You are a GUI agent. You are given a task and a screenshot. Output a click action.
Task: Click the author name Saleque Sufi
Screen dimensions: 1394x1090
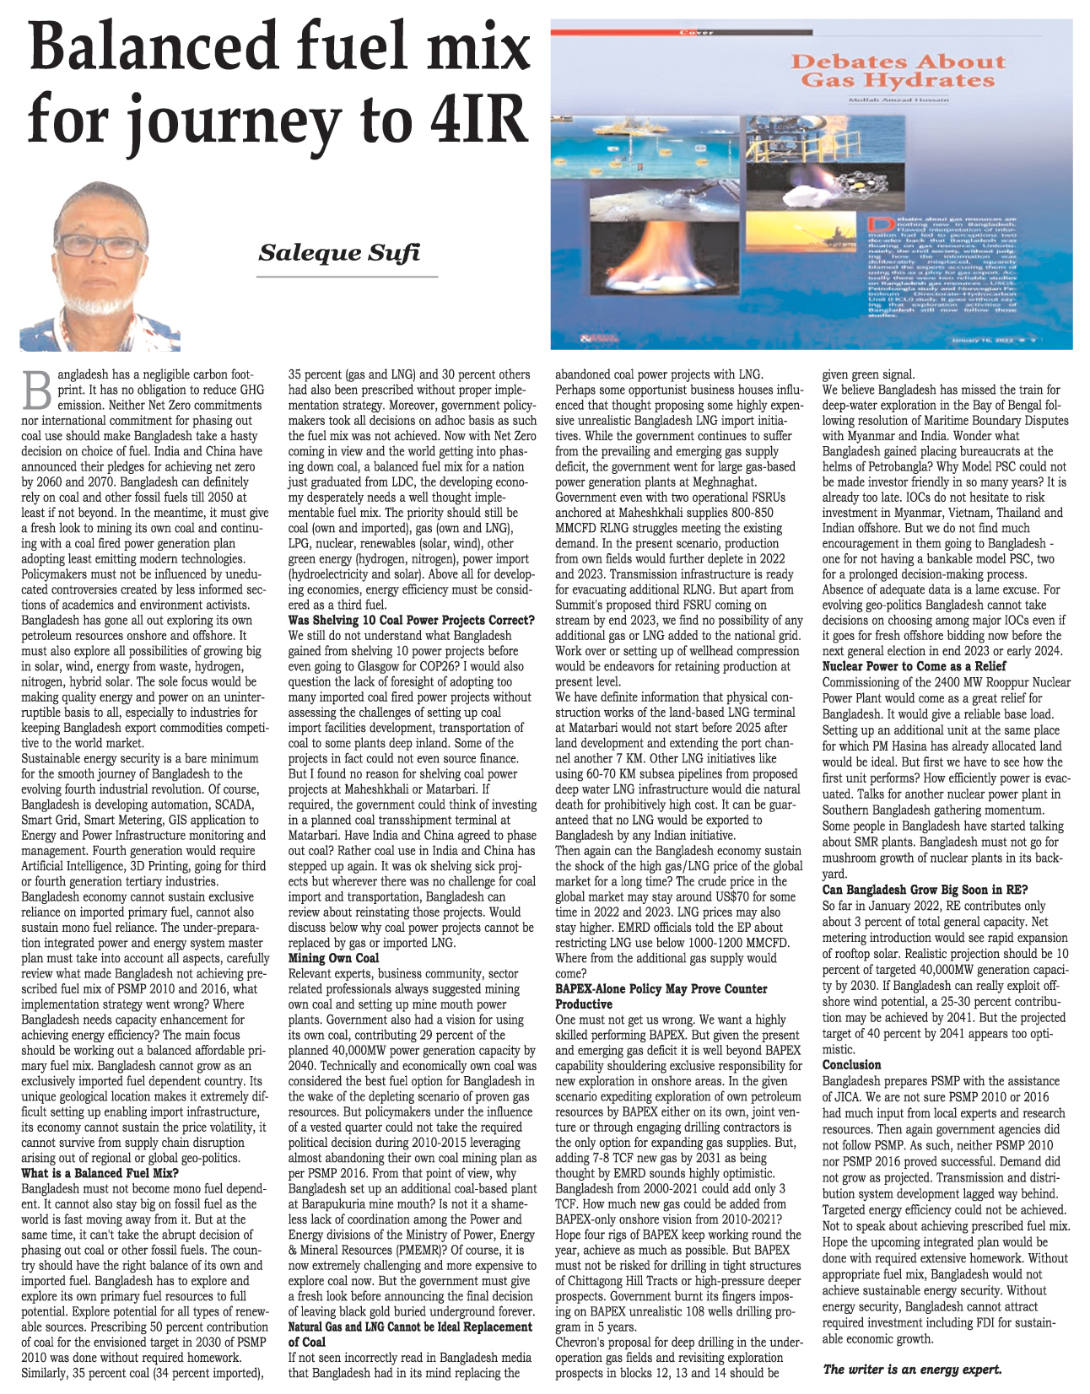coord(339,252)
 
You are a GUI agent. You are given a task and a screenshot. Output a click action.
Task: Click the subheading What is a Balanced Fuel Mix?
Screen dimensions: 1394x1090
coord(100,1173)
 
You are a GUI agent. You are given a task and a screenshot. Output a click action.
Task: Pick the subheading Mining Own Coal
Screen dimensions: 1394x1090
coord(333,958)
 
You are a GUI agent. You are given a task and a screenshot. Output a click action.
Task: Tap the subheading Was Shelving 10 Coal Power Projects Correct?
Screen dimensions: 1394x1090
coord(411,620)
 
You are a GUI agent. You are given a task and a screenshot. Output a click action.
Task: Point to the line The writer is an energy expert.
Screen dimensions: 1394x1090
coord(912,1369)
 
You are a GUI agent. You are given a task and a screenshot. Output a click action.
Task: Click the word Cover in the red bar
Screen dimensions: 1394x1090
coord(697,33)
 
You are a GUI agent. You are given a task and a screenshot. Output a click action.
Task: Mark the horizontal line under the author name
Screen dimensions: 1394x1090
coord(348,276)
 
